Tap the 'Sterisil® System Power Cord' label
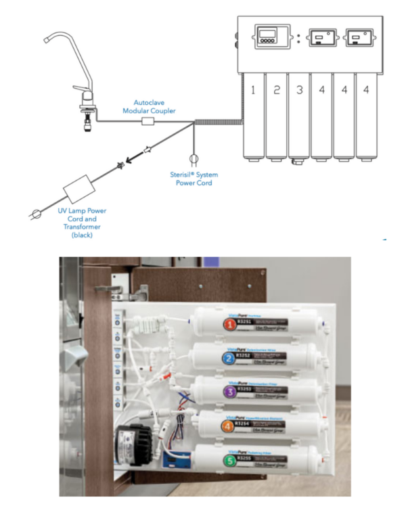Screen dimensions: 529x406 (x=194, y=179)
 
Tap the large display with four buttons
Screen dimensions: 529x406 (x=272, y=37)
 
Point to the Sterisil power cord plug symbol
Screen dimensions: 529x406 (x=194, y=160)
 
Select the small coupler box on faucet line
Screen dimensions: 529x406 (x=147, y=122)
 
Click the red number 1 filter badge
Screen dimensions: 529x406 (x=232, y=325)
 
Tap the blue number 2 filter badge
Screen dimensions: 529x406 (x=231, y=359)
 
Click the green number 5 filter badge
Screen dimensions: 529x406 (x=231, y=461)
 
